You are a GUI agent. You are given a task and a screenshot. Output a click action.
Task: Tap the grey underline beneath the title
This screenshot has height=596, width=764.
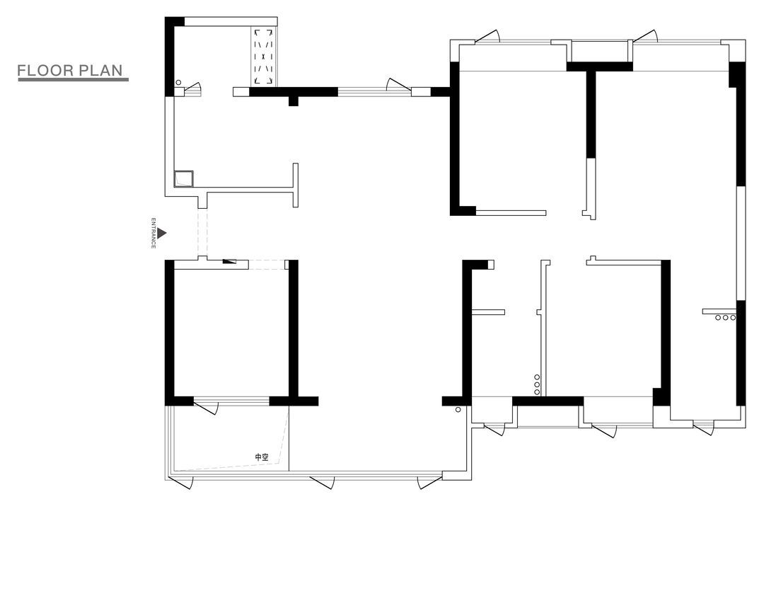(73, 79)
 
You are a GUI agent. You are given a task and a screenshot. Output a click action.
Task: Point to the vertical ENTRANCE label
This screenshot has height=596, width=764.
(153, 233)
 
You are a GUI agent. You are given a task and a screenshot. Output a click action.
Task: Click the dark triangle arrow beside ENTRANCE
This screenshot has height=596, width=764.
(161, 234)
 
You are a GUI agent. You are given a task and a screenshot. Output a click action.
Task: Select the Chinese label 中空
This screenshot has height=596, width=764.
(262, 457)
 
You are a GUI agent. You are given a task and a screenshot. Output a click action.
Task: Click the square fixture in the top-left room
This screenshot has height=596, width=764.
(184, 178)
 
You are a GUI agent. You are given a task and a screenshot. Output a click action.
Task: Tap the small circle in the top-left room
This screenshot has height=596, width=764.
(178, 82)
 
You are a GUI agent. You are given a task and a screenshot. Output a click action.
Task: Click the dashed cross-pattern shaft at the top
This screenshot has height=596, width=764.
(264, 57)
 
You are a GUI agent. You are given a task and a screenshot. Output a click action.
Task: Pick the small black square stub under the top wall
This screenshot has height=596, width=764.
(294, 101)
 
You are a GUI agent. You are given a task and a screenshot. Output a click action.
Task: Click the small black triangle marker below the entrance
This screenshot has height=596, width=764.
(228, 261)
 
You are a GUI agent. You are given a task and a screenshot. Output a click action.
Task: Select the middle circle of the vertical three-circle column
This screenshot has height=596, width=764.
(537, 384)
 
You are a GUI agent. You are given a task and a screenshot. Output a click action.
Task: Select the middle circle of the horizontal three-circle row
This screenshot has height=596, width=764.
(726, 318)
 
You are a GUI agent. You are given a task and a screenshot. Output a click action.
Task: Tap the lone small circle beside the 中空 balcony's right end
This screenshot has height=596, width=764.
(458, 410)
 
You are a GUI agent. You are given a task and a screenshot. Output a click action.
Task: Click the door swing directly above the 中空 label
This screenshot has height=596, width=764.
(206, 407)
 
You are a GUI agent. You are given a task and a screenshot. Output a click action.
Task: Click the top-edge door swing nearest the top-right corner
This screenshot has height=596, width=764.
(646, 36)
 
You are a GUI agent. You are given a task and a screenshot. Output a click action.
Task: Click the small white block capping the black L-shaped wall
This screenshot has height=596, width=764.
(491, 264)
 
